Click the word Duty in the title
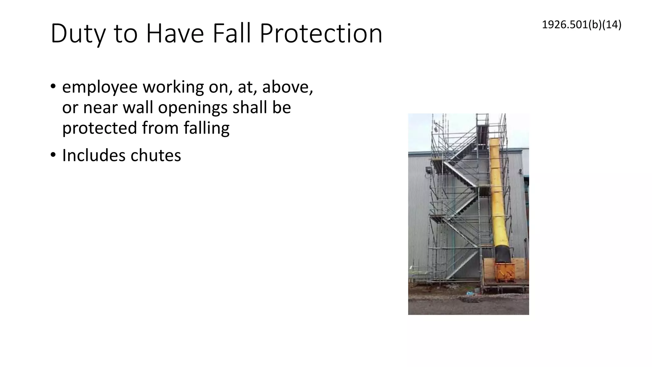(x=77, y=34)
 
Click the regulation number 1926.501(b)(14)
(x=581, y=25)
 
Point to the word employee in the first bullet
(x=100, y=88)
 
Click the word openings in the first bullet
(x=193, y=107)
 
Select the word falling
(x=206, y=128)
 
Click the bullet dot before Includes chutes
(x=53, y=155)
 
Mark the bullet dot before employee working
(x=53, y=87)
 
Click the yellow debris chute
(x=498, y=191)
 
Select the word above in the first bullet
(x=287, y=87)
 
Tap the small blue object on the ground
(x=469, y=292)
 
